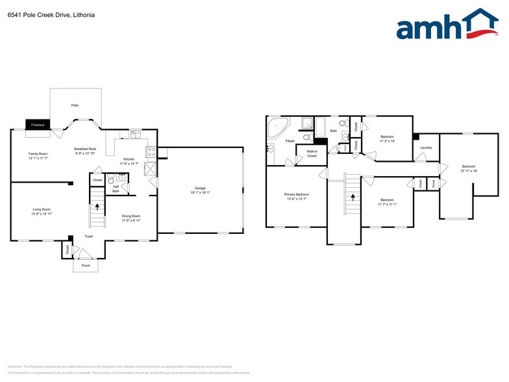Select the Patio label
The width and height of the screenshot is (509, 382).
75,105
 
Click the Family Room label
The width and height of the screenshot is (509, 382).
38,153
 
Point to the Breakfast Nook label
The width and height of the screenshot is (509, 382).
85,149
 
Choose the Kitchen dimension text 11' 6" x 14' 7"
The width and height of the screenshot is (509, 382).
129,164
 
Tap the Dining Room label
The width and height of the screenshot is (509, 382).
131,216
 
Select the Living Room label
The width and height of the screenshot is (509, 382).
42,209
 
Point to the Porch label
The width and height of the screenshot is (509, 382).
86,266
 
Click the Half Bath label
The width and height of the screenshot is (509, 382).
116,188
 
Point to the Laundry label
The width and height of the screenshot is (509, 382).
426,147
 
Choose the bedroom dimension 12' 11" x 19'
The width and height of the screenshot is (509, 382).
468,171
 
